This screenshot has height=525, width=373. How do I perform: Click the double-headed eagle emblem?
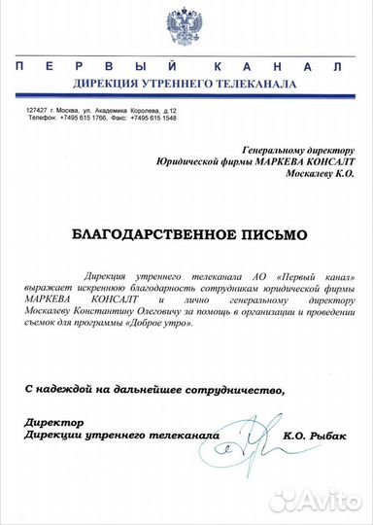187,27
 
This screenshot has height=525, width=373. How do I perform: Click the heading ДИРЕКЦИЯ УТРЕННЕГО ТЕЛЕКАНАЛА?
186,85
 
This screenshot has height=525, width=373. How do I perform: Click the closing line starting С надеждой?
154,389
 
